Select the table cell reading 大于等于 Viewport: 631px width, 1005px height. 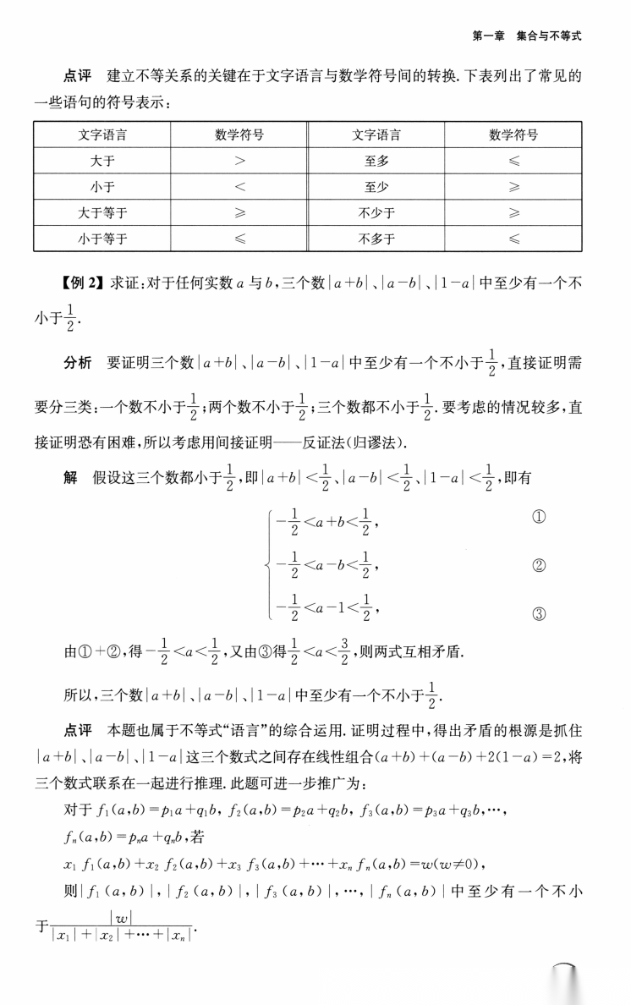click(x=102, y=212)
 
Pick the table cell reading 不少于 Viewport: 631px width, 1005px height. click(x=376, y=212)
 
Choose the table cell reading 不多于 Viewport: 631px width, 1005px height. click(x=376, y=239)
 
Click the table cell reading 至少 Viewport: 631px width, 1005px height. click(x=376, y=186)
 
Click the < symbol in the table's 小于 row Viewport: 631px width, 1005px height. click(x=239, y=187)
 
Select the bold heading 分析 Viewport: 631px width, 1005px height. click(x=78, y=364)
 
